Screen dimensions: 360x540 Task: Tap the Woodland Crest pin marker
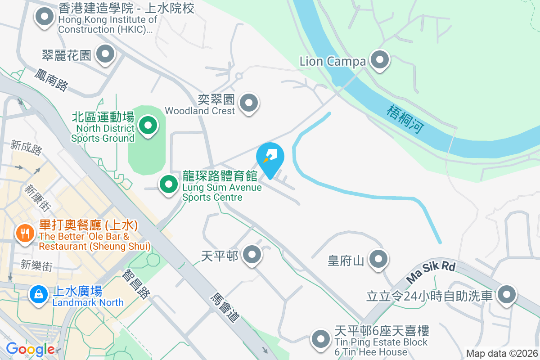pyautogui.click(x=249, y=103)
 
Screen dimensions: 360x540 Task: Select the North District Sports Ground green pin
pyautogui.click(x=148, y=125)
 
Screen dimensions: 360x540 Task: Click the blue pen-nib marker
pyautogui.click(x=270, y=157)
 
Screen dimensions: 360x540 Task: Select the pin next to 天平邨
pyautogui.click(x=252, y=255)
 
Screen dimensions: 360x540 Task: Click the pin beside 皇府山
pyautogui.click(x=378, y=259)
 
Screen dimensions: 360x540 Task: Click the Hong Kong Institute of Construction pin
pyautogui.click(x=44, y=17)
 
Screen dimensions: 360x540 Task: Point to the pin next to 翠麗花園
pyautogui.click(x=106, y=54)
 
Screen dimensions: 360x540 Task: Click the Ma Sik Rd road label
pyautogui.click(x=431, y=272)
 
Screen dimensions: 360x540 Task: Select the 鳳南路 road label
pyautogui.click(x=50, y=80)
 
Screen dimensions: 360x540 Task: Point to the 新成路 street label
pyautogui.click(x=27, y=148)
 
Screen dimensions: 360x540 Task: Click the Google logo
pyautogui.click(x=30, y=349)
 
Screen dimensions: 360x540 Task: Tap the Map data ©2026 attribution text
pyautogui.click(x=502, y=353)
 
